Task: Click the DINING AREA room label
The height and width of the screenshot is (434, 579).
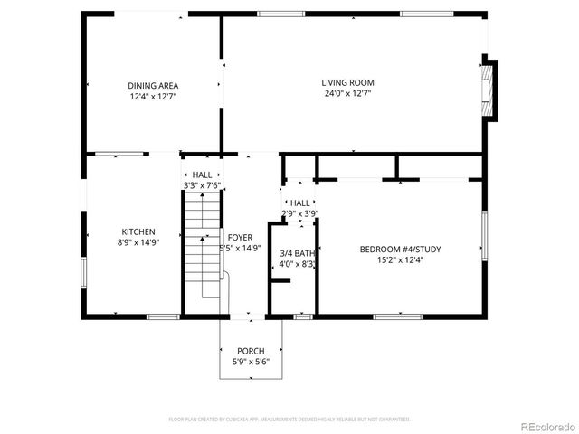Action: coord(152,85)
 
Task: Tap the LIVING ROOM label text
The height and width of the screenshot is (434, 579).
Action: coord(347,82)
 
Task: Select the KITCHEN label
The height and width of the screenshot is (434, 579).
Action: coord(138,231)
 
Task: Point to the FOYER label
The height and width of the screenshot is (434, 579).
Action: coord(240,237)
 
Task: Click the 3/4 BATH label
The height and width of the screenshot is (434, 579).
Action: coord(297,253)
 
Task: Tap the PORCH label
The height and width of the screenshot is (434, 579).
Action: coord(251,351)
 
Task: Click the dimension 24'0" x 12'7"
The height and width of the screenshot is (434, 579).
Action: coord(347,93)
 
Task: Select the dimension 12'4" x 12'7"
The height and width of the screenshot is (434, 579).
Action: coord(152,96)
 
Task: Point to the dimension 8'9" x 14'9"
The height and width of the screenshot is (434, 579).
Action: coord(138,242)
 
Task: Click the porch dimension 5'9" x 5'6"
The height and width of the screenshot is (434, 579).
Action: coord(251,362)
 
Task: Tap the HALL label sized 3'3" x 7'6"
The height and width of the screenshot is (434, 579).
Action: coord(202,175)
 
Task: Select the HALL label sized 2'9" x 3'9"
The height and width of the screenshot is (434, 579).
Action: coord(299,203)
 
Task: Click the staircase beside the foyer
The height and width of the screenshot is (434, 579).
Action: coord(203,244)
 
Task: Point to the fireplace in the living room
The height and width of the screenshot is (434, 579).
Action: coord(489,89)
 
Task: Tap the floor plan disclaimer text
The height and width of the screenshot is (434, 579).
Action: coord(289,420)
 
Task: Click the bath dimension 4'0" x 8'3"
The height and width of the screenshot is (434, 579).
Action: coord(297,264)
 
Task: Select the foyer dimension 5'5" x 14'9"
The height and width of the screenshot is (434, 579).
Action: coord(240,248)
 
